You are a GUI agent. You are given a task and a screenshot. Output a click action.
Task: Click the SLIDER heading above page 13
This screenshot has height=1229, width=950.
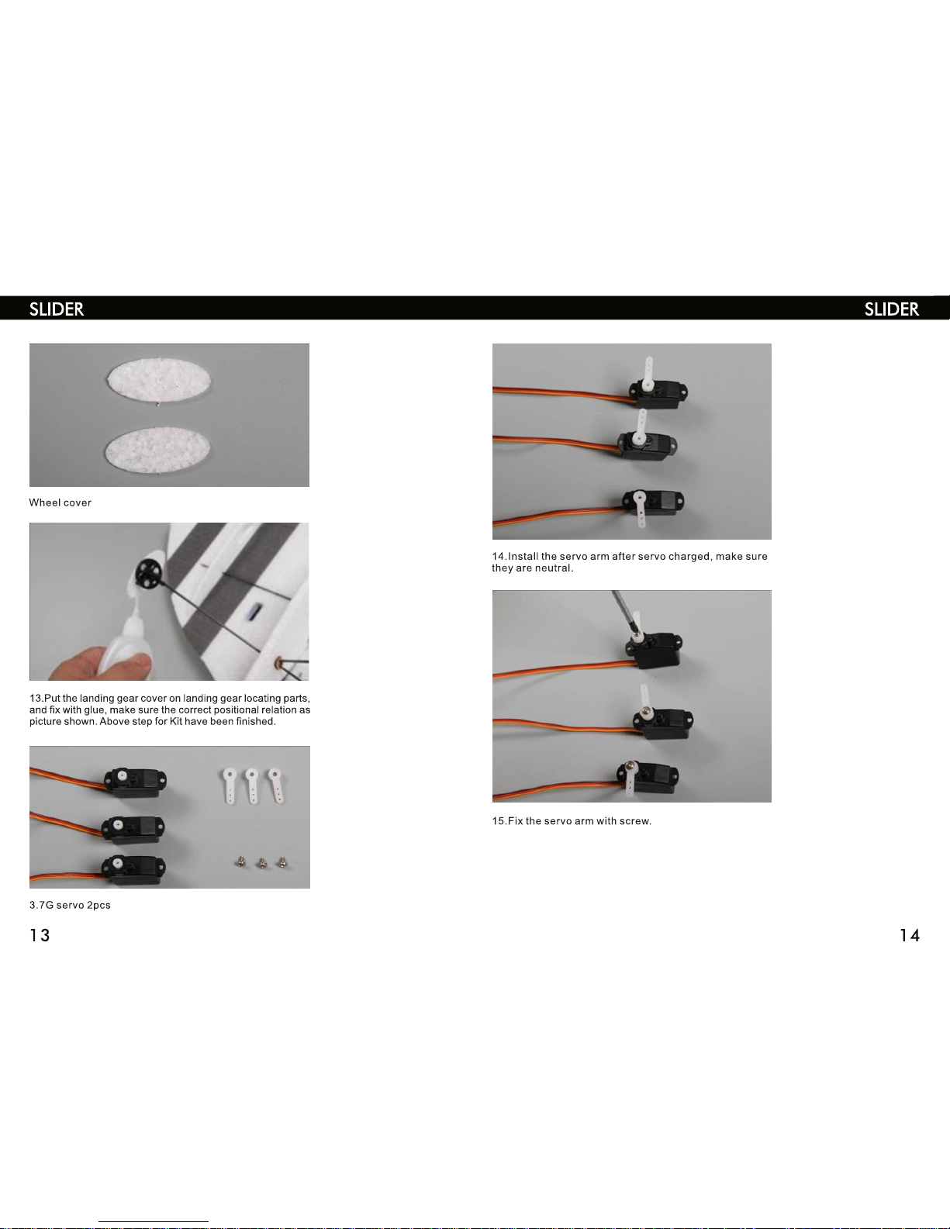tap(57, 309)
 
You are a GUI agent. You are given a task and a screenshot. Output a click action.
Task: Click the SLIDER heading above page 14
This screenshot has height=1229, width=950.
tap(892, 309)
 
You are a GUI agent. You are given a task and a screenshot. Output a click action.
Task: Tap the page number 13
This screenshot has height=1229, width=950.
tap(40, 935)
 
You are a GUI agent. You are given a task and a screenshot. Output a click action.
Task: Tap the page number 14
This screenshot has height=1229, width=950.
tap(909, 935)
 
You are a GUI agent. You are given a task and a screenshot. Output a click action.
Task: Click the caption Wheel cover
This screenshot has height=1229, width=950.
tap(60, 502)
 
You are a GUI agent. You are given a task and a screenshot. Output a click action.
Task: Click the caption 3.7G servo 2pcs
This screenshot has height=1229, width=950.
tap(70, 906)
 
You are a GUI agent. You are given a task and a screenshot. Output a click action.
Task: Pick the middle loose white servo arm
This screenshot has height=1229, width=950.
tap(252, 785)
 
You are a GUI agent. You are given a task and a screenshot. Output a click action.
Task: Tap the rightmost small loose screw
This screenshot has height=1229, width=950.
tap(282, 863)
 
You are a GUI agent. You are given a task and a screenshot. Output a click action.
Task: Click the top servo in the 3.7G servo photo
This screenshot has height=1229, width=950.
tap(136, 782)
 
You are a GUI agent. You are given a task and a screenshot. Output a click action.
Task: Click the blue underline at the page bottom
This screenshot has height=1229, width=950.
tap(154, 1222)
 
